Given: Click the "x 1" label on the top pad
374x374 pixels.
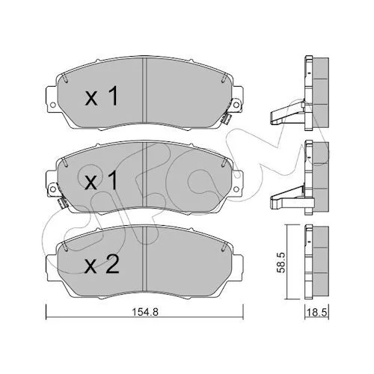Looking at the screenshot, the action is [x=101, y=96].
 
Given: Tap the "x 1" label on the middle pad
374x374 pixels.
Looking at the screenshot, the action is [x=101, y=180].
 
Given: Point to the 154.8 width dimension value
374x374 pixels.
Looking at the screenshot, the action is [x=145, y=312].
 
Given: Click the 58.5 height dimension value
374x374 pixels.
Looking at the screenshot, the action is [x=281, y=262].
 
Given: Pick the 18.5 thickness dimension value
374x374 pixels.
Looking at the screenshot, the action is [x=317, y=313].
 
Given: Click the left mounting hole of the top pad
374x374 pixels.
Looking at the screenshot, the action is [x=53, y=105].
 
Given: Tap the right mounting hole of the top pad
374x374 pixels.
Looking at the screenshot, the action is [x=236, y=105].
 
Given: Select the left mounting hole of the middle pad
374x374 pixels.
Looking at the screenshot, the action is [x=53, y=189].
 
